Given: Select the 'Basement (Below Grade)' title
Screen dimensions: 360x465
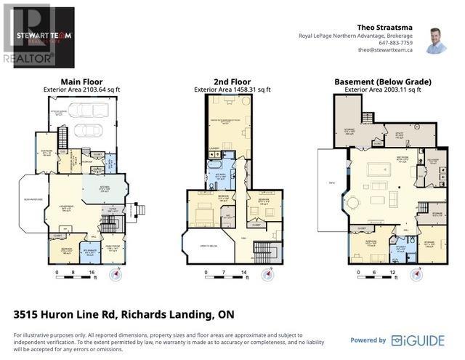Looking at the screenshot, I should [382, 81].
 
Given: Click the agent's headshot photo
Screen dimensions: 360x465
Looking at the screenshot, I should [437, 42].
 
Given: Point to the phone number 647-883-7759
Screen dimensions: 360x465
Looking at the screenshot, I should [395, 43].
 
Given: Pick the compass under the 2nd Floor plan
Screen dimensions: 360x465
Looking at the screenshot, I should [268, 275].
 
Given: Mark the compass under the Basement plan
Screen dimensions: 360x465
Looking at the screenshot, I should [416, 275].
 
